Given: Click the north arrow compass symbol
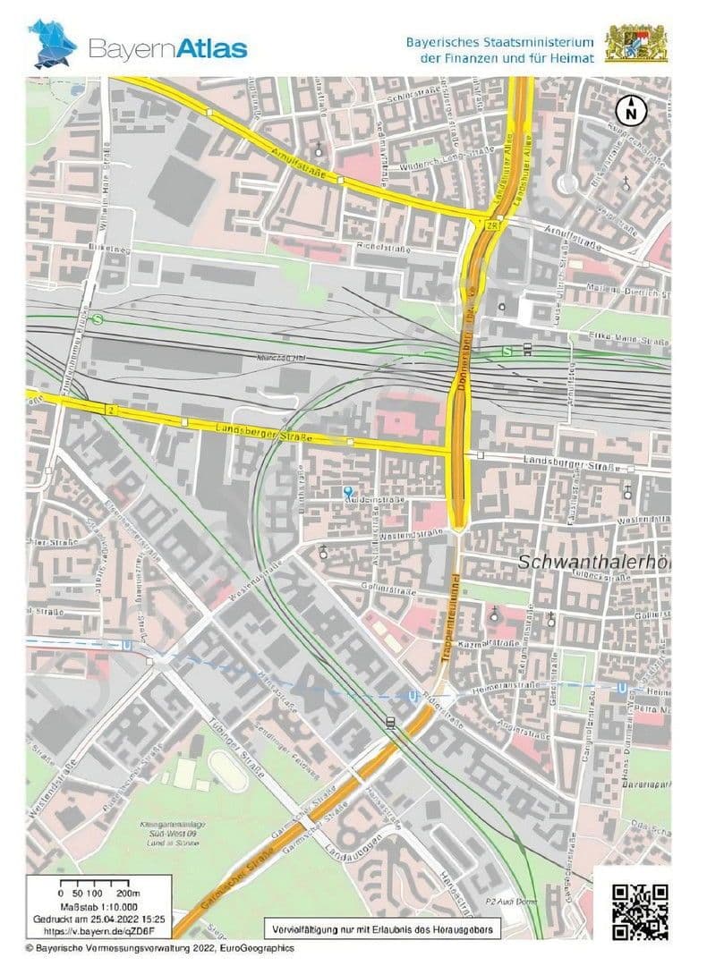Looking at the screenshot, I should (x=632, y=112).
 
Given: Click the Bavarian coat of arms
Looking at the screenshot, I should (x=635, y=44).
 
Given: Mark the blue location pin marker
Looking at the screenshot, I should (x=347, y=491).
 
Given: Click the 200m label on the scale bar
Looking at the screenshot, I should (x=129, y=894).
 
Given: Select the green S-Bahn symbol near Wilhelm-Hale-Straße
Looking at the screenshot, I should (x=97, y=318).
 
